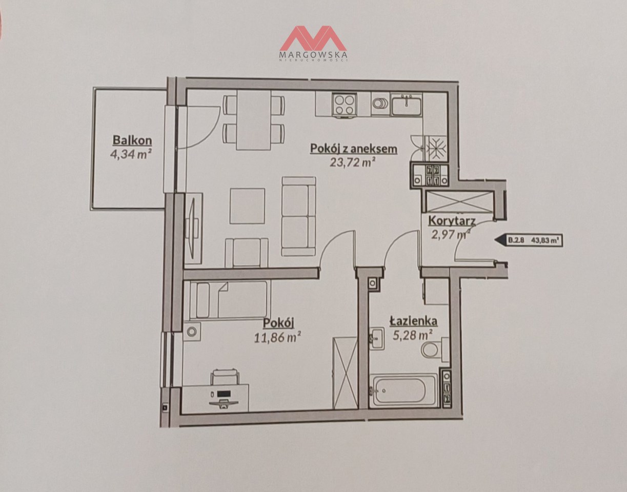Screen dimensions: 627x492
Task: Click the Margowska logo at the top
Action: coord(313,43)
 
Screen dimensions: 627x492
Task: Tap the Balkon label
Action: coord(132,140)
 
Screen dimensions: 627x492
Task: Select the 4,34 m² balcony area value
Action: coord(131,154)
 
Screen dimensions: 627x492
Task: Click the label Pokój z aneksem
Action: coord(353,148)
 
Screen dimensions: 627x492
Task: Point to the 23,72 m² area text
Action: coord(352,163)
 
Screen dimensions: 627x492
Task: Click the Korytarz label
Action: coord(452,221)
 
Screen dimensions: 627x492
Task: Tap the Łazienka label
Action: coord(413,321)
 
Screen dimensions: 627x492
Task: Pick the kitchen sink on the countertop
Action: coord(406,104)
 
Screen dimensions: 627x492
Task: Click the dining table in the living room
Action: coord(254,120)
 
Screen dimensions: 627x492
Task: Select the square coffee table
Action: coord(247,206)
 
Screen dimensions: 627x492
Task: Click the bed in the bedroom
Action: coord(228,300)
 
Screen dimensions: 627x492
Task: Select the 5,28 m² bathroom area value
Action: coord(412,335)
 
